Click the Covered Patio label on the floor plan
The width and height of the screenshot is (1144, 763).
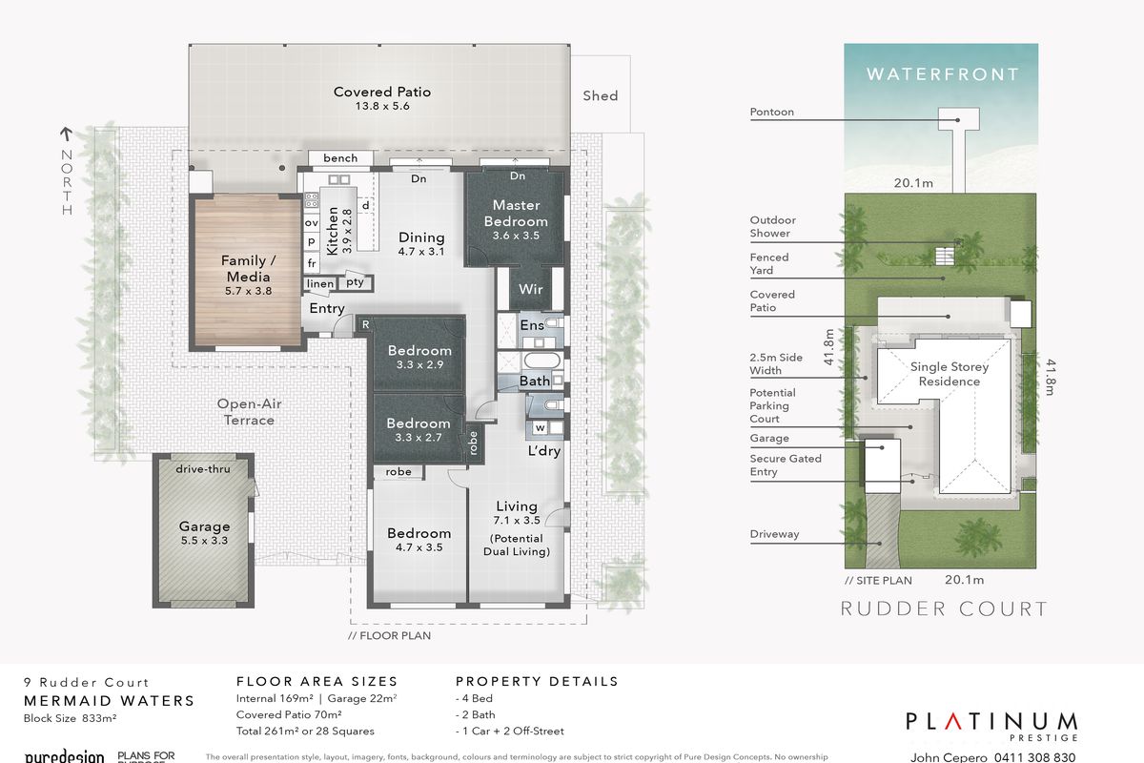tap(382, 92)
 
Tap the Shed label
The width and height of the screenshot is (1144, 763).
tap(601, 95)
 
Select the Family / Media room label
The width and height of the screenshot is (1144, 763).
tap(246, 269)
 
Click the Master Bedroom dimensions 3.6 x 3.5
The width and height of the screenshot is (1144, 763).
tap(516, 236)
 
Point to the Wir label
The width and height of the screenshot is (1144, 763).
tap(530, 289)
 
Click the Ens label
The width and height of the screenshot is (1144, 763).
tap(532, 325)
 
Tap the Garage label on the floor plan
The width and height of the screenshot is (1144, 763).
tap(205, 526)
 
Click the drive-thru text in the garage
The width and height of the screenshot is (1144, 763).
tap(204, 468)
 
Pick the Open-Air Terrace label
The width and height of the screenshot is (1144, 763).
tap(249, 412)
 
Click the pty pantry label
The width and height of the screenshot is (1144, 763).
tap(355, 282)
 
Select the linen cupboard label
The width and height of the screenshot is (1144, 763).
tap(321, 283)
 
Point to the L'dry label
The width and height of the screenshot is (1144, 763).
tap(543, 450)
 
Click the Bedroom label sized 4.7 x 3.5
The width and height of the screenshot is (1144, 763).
tap(419, 533)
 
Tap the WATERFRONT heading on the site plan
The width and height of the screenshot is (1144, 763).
tap(942, 73)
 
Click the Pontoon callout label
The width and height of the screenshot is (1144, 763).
tap(771, 112)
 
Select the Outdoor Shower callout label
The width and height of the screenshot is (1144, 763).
tap(771, 226)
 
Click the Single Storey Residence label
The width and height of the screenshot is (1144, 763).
tap(949, 374)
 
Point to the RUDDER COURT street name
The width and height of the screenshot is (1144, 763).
tap(943, 608)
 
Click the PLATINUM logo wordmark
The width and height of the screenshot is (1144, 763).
tap(991, 721)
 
